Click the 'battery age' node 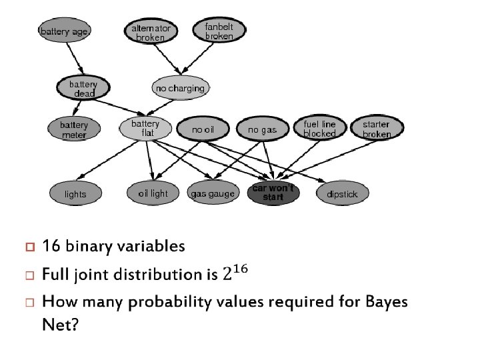[65, 32]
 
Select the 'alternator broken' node [151, 32]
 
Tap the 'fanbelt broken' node [219, 31]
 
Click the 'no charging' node [180, 88]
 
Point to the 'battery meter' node [74, 129]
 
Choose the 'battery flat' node [145, 128]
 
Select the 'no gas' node [262, 129]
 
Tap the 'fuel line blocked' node [319, 129]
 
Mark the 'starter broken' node [377, 129]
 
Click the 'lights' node [75, 194]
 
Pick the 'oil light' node [153, 193]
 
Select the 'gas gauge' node [213, 194]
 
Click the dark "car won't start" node [273, 193]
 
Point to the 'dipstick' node [342, 194]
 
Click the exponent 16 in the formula [241, 269]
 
